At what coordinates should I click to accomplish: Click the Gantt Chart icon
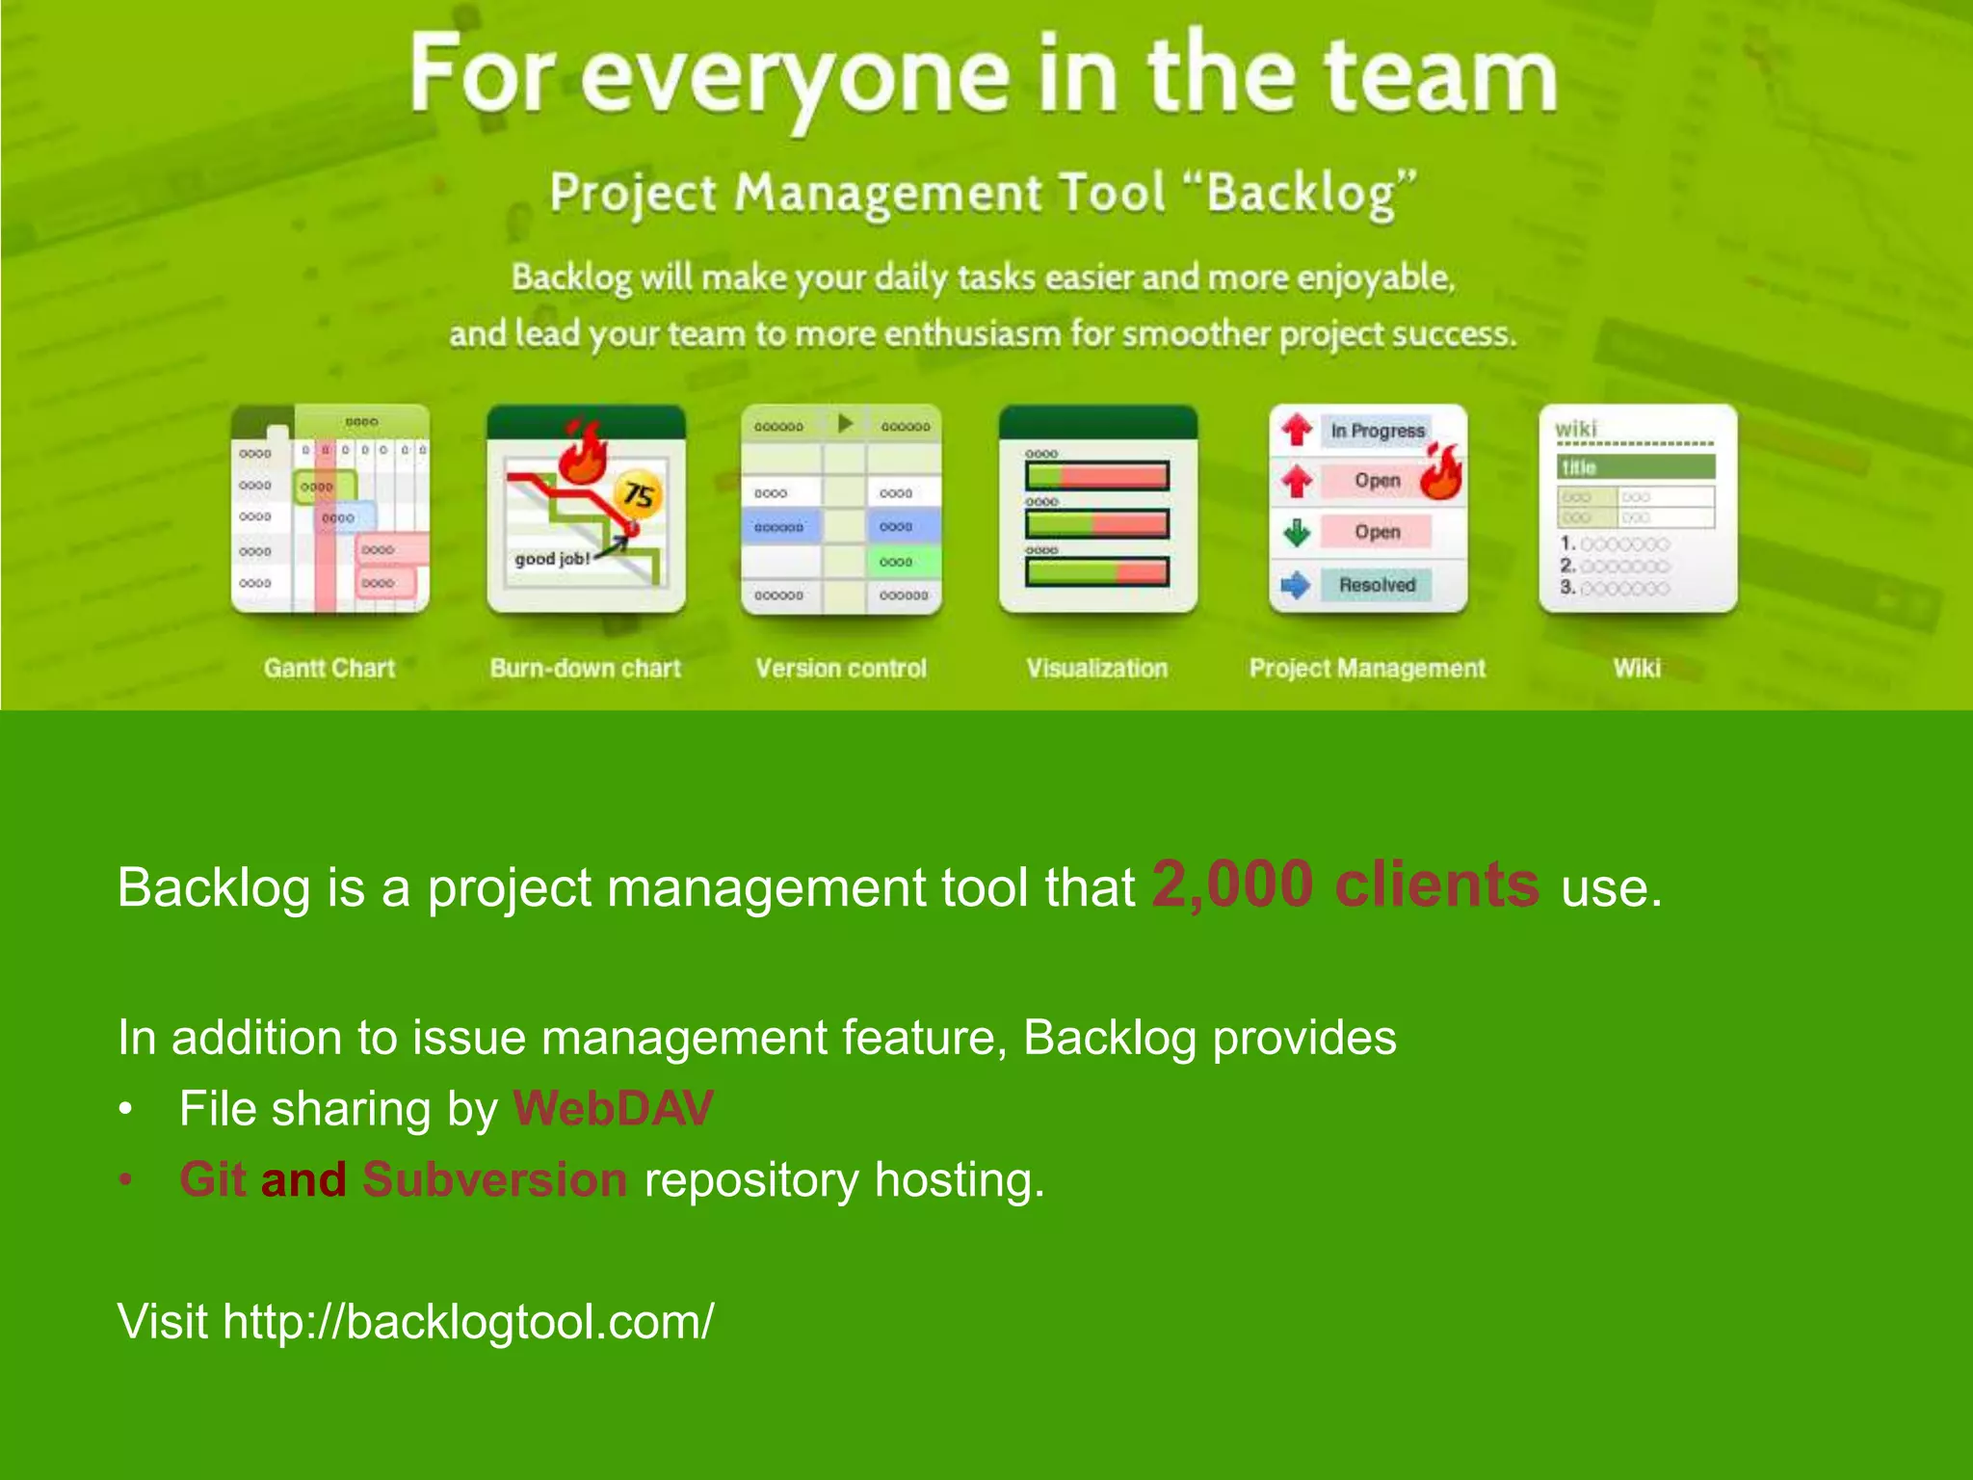329,509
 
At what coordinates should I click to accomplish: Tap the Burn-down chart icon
586,509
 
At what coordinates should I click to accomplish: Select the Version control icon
841,509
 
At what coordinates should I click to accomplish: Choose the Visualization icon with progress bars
1097,509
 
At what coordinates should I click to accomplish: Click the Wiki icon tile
1637,509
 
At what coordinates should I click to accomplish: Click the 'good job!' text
552,559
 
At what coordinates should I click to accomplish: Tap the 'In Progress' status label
1377,431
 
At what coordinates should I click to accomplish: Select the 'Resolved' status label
1377,585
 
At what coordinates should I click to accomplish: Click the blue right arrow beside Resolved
1297,585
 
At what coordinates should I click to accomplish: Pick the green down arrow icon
1297,532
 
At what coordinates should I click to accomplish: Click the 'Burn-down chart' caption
585,669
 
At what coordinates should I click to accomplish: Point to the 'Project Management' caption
1367,669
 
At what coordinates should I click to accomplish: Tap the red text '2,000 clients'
1345,885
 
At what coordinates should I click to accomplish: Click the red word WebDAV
613,1108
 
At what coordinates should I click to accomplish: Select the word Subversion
494,1179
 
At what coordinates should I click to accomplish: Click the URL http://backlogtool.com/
468,1321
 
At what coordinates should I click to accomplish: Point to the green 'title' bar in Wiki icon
1635,467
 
